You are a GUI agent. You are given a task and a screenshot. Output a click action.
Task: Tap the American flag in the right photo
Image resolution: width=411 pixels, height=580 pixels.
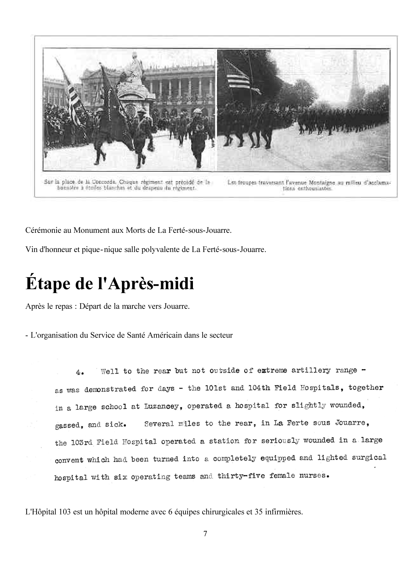[x=237, y=75]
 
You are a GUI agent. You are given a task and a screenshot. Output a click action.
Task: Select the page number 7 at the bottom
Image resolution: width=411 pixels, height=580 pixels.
[x=205, y=534]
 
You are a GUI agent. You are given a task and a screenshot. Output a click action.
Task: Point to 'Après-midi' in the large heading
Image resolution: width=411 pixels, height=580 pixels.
[x=151, y=284]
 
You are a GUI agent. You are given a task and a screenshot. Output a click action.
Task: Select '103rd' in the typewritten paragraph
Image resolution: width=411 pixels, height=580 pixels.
[x=81, y=442]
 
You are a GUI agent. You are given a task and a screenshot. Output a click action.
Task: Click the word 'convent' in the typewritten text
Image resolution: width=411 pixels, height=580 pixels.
[x=69, y=460]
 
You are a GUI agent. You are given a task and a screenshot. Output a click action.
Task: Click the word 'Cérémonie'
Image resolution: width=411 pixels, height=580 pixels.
[x=43, y=230]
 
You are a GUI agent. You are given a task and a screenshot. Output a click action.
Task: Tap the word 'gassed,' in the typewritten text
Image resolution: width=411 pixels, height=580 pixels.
[x=68, y=425]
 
